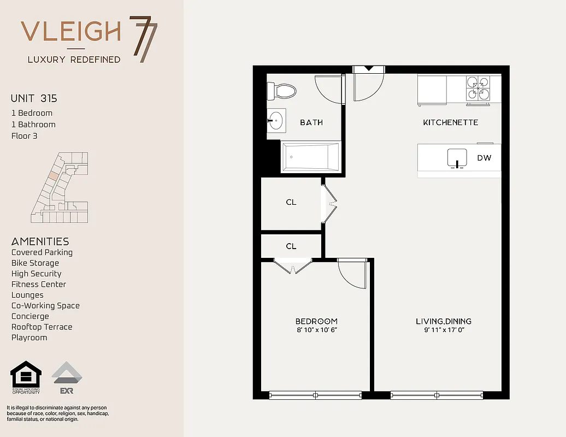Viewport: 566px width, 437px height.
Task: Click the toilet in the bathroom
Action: [x=281, y=90]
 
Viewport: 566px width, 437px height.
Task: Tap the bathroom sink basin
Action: [x=276, y=120]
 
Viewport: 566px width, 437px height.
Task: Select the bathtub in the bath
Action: [x=310, y=157]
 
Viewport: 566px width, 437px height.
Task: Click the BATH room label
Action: [x=311, y=122]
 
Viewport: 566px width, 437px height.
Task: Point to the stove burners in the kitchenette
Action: [x=477, y=88]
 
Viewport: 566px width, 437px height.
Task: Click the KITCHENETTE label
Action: [x=451, y=122]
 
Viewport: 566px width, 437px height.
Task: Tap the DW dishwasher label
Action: [x=484, y=158]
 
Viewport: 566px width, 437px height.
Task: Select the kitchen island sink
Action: [x=457, y=157]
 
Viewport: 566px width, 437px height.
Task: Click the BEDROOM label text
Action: [x=316, y=321]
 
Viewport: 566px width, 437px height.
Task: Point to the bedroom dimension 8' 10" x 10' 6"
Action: [x=316, y=330]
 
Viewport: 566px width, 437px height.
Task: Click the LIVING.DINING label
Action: [x=444, y=321]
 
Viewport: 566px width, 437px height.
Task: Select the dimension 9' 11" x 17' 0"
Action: [x=444, y=330]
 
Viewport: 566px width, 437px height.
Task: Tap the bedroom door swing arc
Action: [x=352, y=273]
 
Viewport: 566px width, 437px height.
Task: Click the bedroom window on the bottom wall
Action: [x=315, y=394]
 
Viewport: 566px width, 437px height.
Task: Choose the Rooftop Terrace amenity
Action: [x=42, y=327]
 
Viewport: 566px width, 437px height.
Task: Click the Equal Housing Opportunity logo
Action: [x=26, y=377]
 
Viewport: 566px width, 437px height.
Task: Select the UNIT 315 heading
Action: [x=34, y=99]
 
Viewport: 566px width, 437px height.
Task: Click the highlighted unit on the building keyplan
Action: [x=52, y=176]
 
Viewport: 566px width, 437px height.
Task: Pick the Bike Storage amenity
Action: [x=35, y=263]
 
